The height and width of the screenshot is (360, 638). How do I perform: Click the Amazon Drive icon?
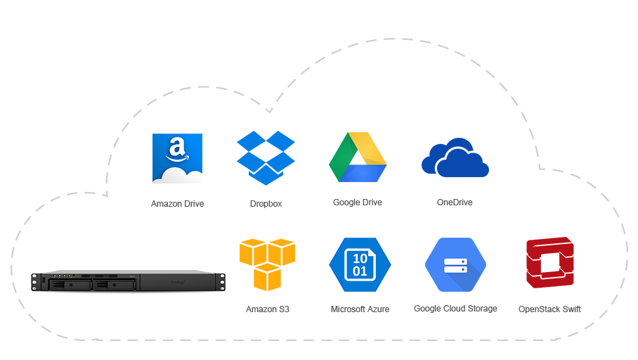pos(177,158)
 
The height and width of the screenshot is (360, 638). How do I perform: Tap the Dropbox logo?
pos(266,158)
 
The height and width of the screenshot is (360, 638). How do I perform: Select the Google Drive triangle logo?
pos(358,157)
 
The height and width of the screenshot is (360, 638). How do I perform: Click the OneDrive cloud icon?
pos(455,157)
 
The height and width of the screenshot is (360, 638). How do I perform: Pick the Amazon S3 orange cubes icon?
pos(267,264)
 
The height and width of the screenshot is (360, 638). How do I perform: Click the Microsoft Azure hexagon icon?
pos(360,264)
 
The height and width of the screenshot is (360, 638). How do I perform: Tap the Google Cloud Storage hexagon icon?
pos(456,264)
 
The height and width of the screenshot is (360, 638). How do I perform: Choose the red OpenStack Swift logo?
pos(550,263)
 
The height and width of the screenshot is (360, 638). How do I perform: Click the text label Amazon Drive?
pos(177,204)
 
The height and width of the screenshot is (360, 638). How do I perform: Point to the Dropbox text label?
pos(266,204)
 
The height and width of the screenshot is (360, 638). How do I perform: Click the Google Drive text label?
pos(358,202)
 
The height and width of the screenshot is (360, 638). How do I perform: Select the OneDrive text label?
pos(455,202)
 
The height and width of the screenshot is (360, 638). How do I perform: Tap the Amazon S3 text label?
pos(267,309)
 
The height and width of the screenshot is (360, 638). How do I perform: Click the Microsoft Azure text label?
pos(360,309)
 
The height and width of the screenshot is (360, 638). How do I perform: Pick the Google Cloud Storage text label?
pos(455,309)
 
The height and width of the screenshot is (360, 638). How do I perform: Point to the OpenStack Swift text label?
pos(549,309)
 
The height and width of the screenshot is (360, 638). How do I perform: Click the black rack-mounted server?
pos(128,281)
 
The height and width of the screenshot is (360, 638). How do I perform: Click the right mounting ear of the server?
pos(221,282)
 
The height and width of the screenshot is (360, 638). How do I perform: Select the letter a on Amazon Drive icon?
pos(176,147)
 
